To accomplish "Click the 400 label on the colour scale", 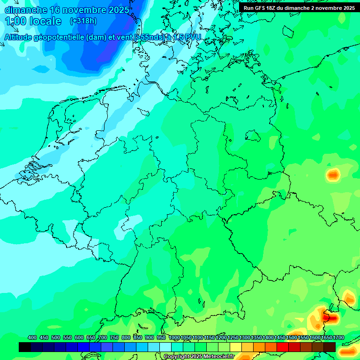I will tap(32, 338).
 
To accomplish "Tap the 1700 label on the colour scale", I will tap(338, 338).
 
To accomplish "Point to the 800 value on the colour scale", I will tap(126, 338).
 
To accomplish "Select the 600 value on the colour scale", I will tap(79, 338).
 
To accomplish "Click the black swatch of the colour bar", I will tap(25, 347).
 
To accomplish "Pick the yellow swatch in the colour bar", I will tap(236, 347).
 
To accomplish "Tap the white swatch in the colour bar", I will tap(165, 347).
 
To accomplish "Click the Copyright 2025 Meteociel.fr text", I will tap(199, 357).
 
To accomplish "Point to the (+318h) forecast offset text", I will tap(83, 21).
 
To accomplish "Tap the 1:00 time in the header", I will tap(15, 21).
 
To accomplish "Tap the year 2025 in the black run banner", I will tap(346, 8).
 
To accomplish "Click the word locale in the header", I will tap(45, 21).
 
